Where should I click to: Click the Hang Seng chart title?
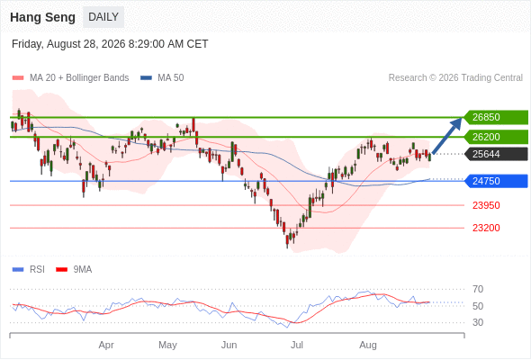[42, 17]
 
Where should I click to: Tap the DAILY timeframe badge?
[103, 17]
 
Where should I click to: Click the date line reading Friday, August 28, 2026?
[110, 44]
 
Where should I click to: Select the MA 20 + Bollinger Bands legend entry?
[70, 78]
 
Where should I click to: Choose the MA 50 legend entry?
[162, 78]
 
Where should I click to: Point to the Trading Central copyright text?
[455, 78]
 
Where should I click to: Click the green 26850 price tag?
[496, 117]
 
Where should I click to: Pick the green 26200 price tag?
[496, 137]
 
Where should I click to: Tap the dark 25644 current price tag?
[496, 154]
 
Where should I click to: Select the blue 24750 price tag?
[496, 181]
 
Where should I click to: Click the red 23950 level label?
[486, 205]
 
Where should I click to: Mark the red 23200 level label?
[486, 228]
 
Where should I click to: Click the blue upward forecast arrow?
[447, 136]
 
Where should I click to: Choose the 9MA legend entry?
[74, 270]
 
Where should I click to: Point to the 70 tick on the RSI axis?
[478, 289]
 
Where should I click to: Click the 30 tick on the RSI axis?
[478, 322]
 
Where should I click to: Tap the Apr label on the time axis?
[106, 345]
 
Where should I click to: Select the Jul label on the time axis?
[297, 345]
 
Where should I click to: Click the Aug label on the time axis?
[368, 345]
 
